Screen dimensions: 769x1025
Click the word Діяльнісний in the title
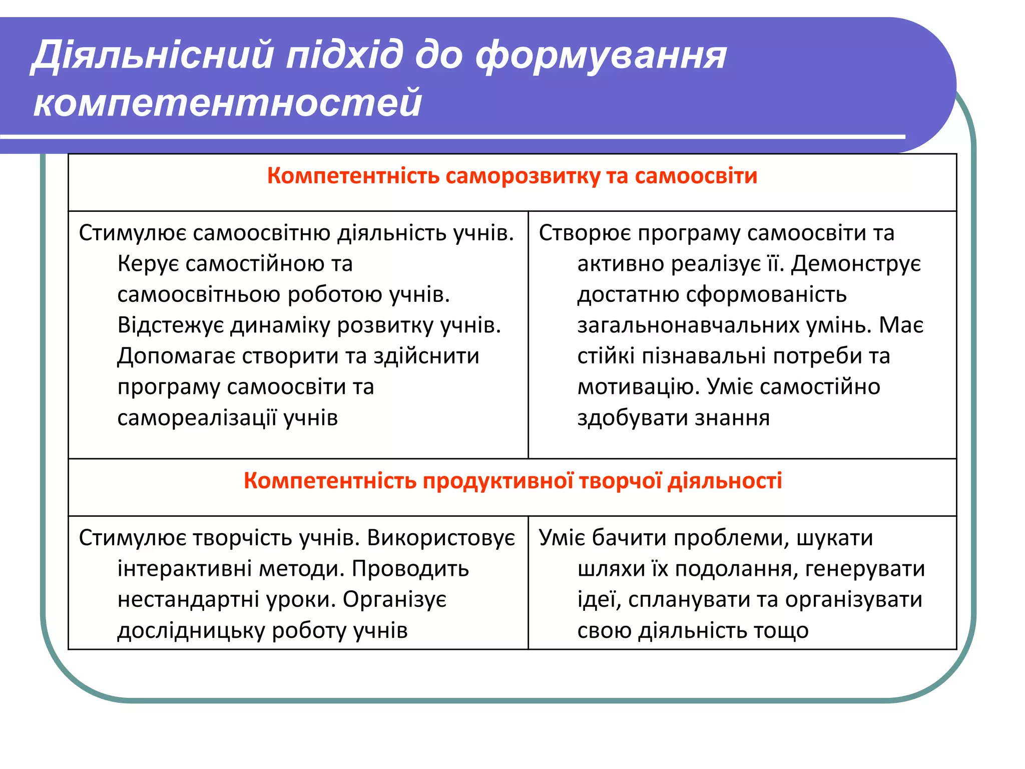tap(153, 55)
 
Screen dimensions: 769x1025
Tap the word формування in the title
tap(601, 55)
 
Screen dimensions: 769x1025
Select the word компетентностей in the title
tap(228, 103)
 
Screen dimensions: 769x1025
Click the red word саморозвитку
tap(523, 176)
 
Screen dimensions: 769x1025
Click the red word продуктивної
tap(498, 481)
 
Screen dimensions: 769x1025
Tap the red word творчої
tap(621, 481)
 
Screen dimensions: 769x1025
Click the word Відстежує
tap(171, 326)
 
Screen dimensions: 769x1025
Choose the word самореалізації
tap(197, 418)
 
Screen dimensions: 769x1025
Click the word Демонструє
tap(856, 264)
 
